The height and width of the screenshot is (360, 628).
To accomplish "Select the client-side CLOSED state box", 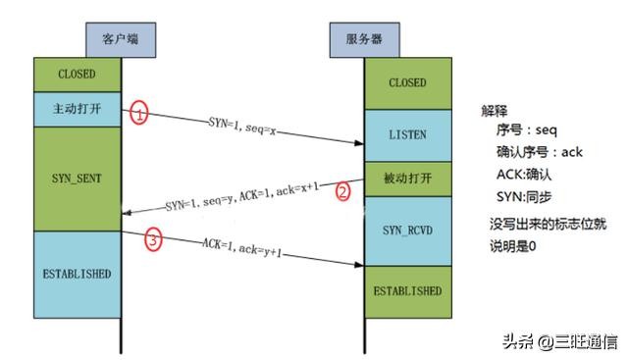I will click(x=77, y=75).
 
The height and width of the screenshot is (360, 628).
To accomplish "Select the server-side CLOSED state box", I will click(x=407, y=83).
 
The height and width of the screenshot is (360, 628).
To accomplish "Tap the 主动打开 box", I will click(x=77, y=109).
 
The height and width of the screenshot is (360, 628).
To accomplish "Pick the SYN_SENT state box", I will click(x=77, y=179).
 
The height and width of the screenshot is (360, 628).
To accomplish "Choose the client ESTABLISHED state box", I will click(x=77, y=273).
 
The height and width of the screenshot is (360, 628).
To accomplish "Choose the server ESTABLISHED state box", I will click(x=407, y=290).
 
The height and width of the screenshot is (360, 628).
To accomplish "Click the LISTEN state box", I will click(x=407, y=134).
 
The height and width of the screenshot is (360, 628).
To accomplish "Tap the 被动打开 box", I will click(x=407, y=180).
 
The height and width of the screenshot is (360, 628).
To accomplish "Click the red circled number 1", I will click(x=139, y=113).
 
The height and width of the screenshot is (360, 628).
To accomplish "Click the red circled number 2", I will click(x=342, y=191).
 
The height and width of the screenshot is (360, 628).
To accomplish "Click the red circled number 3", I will click(x=152, y=238).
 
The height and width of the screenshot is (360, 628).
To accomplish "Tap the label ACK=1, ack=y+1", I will click(x=244, y=245).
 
